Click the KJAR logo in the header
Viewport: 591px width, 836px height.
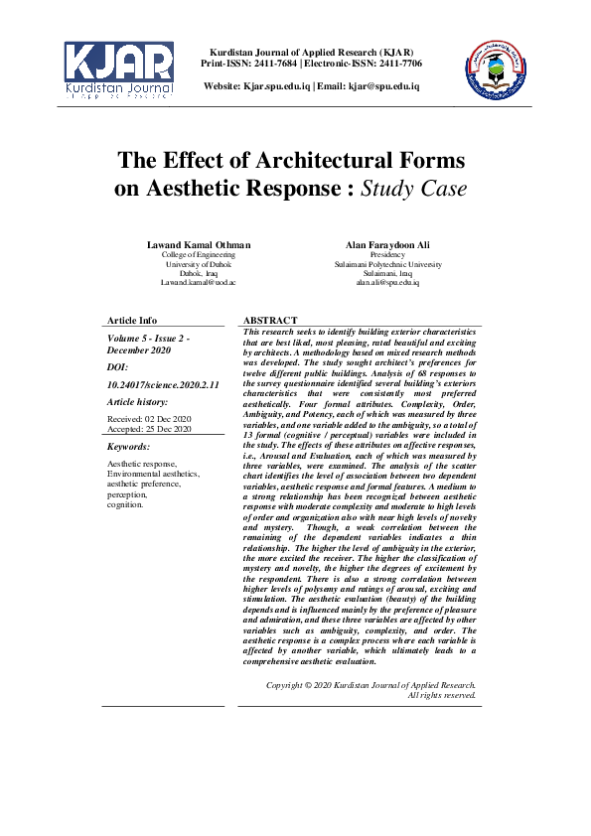coord(119,69)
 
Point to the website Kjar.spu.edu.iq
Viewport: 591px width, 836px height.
coord(275,86)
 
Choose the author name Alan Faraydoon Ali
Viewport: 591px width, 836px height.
coord(388,245)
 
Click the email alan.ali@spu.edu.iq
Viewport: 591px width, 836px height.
coord(388,283)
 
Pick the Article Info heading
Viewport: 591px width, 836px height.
coord(132,320)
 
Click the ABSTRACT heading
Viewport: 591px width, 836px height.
coord(269,320)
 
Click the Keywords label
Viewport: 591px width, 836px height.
coord(128,447)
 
